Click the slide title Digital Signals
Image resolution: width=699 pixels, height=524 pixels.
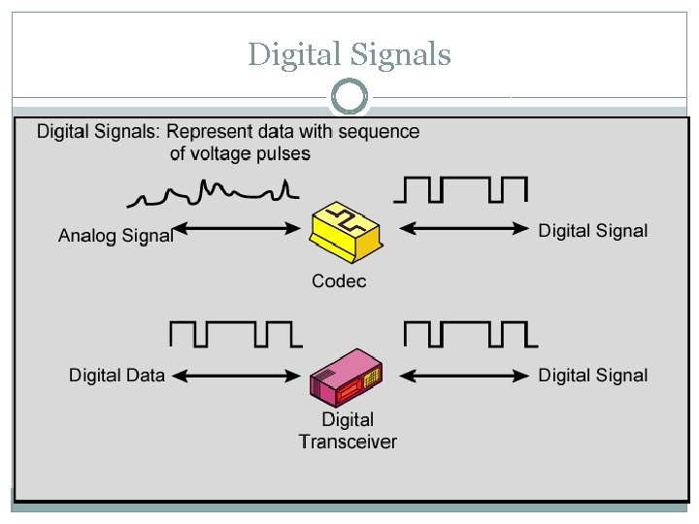click(349, 53)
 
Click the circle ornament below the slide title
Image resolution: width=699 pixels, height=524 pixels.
click(349, 97)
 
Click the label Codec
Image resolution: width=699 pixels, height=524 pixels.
click(339, 281)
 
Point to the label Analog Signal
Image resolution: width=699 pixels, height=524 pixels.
click(116, 235)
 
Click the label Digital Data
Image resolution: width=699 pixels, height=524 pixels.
click(117, 376)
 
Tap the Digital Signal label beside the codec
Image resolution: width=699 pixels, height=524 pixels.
click(593, 231)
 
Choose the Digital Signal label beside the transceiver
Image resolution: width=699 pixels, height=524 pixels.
click(593, 376)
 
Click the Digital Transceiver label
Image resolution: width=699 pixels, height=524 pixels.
click(348, 431)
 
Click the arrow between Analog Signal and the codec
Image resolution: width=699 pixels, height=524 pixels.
click(237, 229)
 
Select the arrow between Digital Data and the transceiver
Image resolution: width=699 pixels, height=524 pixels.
click(237, 375)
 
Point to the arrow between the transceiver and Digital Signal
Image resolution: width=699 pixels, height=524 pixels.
click(464, 375)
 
